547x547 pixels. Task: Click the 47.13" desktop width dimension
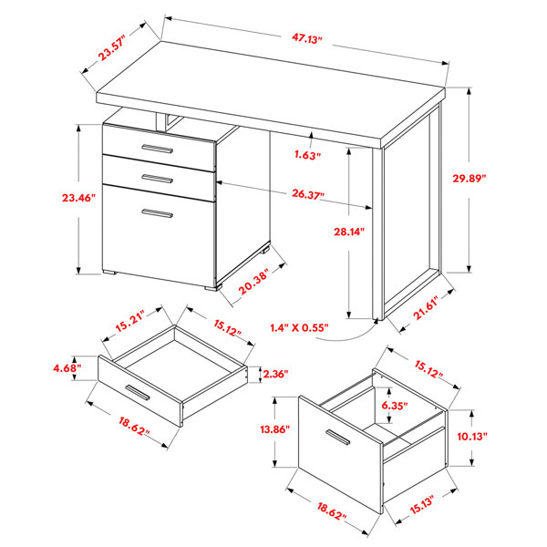pyautogui.click(x=306, y=38)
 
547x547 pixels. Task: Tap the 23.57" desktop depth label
pyautogui.click(x=111, y=50)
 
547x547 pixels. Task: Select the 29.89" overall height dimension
pyautogui.click(x=470, y=179)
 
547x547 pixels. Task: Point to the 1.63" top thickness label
pyautogui.click(x=307, y=155)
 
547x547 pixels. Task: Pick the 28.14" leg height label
pyautogui.click(x=349, y=232)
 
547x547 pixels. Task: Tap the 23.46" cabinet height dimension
pyautogui.click(x=78, y=198)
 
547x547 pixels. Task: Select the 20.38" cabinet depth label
pyautogui.click(x=254, y=281)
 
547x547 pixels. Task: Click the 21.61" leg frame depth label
pyautogui.click(x=428, y=308)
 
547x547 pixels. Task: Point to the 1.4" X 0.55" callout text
pyautogui.click(x=299, y=327)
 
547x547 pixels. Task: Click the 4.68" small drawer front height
pyautogui.click(x=67, y=368)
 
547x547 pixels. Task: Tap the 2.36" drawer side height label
pyautogui.click(x=275, y=374)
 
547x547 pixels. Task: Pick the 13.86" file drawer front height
pyautogui.click(x=275, y=429)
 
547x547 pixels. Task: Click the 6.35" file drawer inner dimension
pyautogui.click(x=395, y=406)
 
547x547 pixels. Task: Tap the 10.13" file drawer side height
pyautogui.click(x=472, y=436)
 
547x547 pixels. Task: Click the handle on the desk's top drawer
pyautogui.click(x=158, y=149)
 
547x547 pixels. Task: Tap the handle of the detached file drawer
pyautogui.click(x=337, y=437)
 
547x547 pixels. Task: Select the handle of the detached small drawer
pyautogui.click(x=138, y=392)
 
